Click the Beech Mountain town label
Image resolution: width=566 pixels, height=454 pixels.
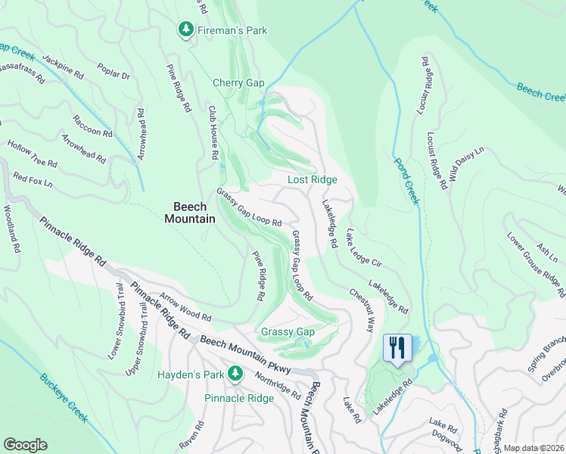coord(190,212)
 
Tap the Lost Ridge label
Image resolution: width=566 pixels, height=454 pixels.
coord(312,180)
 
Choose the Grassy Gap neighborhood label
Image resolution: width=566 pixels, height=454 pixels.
coord(288,332)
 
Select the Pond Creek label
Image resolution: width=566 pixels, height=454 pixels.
coord(405,181)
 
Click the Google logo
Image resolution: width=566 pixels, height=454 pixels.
coord(24,445)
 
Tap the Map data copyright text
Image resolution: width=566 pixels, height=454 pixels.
coord(533,448)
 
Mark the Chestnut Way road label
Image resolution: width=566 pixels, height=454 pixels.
coord(362,309)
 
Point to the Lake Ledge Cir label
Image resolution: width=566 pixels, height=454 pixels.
coord(366,247)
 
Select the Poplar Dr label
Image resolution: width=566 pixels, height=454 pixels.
coord(114,72)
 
